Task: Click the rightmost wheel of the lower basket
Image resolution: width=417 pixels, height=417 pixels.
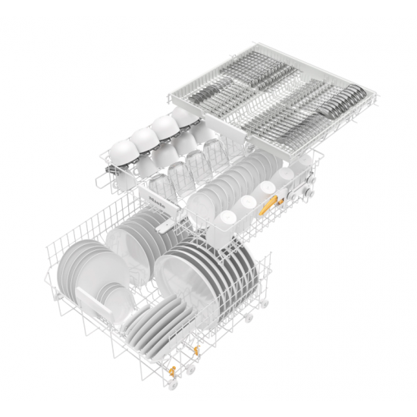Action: coord(265,304)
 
